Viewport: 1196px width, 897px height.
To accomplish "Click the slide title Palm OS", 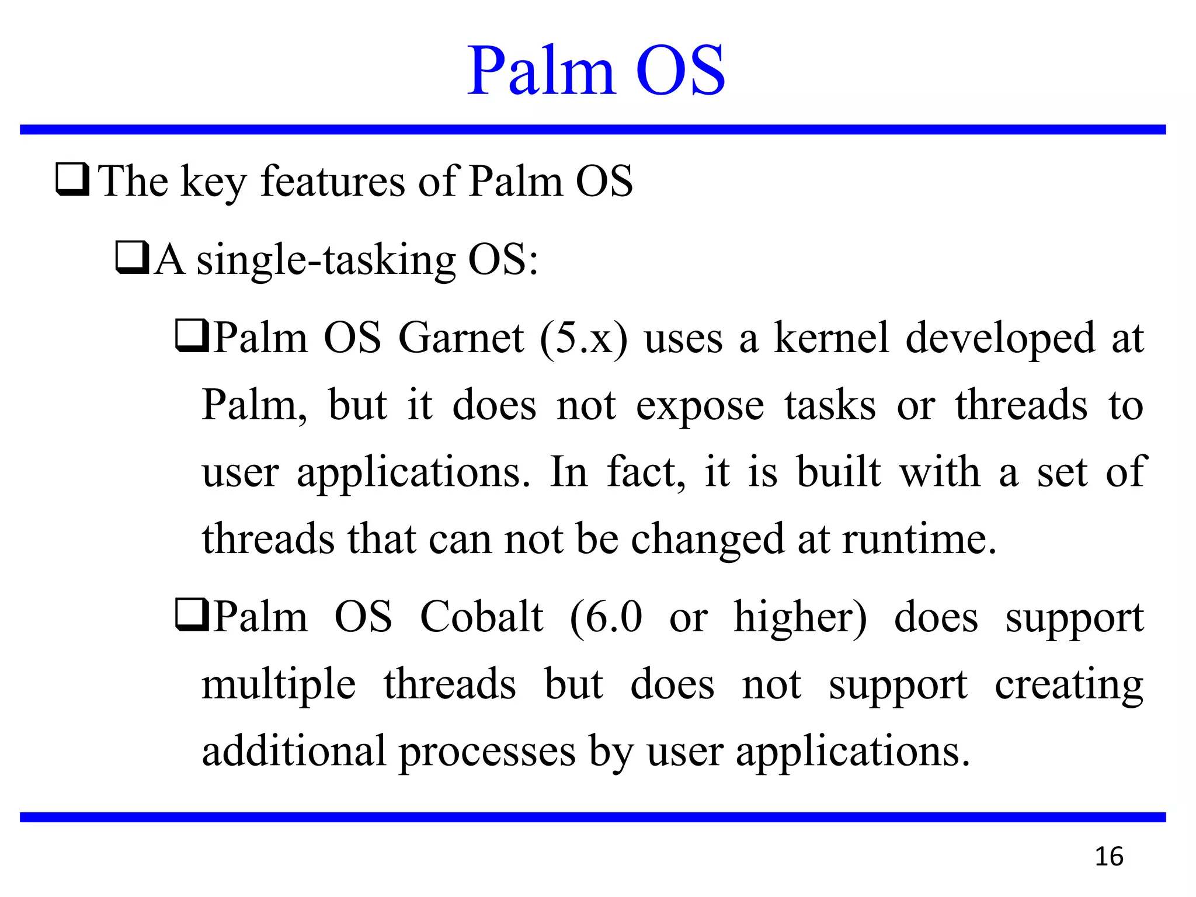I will tap(596, 71).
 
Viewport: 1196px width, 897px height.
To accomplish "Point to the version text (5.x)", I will tap(583, 339).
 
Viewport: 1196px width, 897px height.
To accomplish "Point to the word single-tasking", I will tap(326, 260).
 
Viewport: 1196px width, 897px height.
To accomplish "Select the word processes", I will tap(487, 752).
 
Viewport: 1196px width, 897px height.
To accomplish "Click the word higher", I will tap(800, 618).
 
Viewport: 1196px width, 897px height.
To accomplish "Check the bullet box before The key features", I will tap(72, 180).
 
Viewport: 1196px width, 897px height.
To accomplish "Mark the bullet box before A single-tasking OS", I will tap(132, 259).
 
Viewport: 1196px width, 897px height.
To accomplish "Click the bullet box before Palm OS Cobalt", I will tap(192, 617).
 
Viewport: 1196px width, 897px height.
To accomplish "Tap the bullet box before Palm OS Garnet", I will tap(192, 338).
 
